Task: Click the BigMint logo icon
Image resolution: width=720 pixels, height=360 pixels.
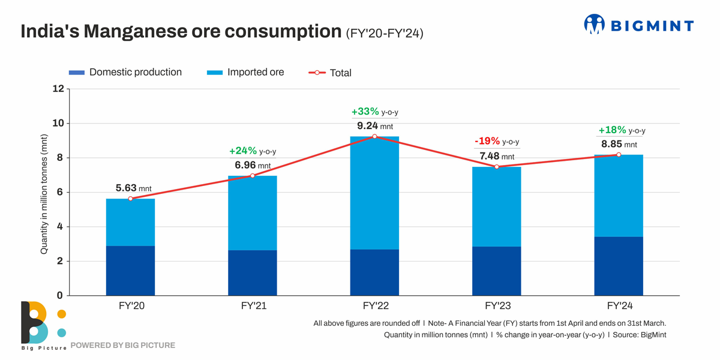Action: pyautogui.click(x=594, y=24)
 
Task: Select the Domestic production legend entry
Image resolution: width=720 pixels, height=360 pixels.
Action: pyautogui.click(x=125, y=73)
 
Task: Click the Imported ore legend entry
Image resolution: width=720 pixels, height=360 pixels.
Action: pyautogui.click(x=246, y=73)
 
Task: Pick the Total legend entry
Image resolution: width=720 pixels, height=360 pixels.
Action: pyautogui.click(x=330, y=73)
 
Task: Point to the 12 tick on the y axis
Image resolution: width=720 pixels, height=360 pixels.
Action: pyautogui.click(x=58, y=89)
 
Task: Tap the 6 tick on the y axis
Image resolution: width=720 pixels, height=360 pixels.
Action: pyautogui.click(x=60, y=193)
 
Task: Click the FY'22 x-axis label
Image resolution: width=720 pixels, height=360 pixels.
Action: pyautogui.click(x=374, y=306)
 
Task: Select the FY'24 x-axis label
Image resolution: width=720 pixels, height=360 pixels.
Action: pyautogui.click(x=619, y=306)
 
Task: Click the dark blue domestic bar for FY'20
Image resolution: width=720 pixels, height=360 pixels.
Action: pyautogui.click(x=130, y=271)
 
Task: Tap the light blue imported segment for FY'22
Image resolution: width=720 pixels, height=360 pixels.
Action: pyautogui.click(x=374, y=193)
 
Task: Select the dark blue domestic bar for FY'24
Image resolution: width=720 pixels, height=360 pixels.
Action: pyautogui.click(x=619, y=266)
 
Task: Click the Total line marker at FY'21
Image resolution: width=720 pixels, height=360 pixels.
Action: pyautogui.click(x=253, y=176)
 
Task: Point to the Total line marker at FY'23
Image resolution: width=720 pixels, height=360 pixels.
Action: pyautogui.click(x=497, y=166)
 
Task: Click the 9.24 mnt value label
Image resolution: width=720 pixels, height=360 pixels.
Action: pyautogui.click(x=374, y=127)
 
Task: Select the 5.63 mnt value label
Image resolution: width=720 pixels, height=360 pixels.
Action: pyautogui.click(x=130, y=188)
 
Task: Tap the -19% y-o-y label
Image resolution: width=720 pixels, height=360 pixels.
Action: pyautogui.click(x=497, y=142)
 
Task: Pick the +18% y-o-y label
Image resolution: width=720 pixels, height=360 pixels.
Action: pyautogui.click(x=622, y=130)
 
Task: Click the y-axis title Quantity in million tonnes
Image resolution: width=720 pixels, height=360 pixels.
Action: pyautogui.click(x=44, y=193)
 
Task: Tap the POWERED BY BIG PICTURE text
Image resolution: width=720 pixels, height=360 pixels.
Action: pyautogui.click(x=123, y=346)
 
